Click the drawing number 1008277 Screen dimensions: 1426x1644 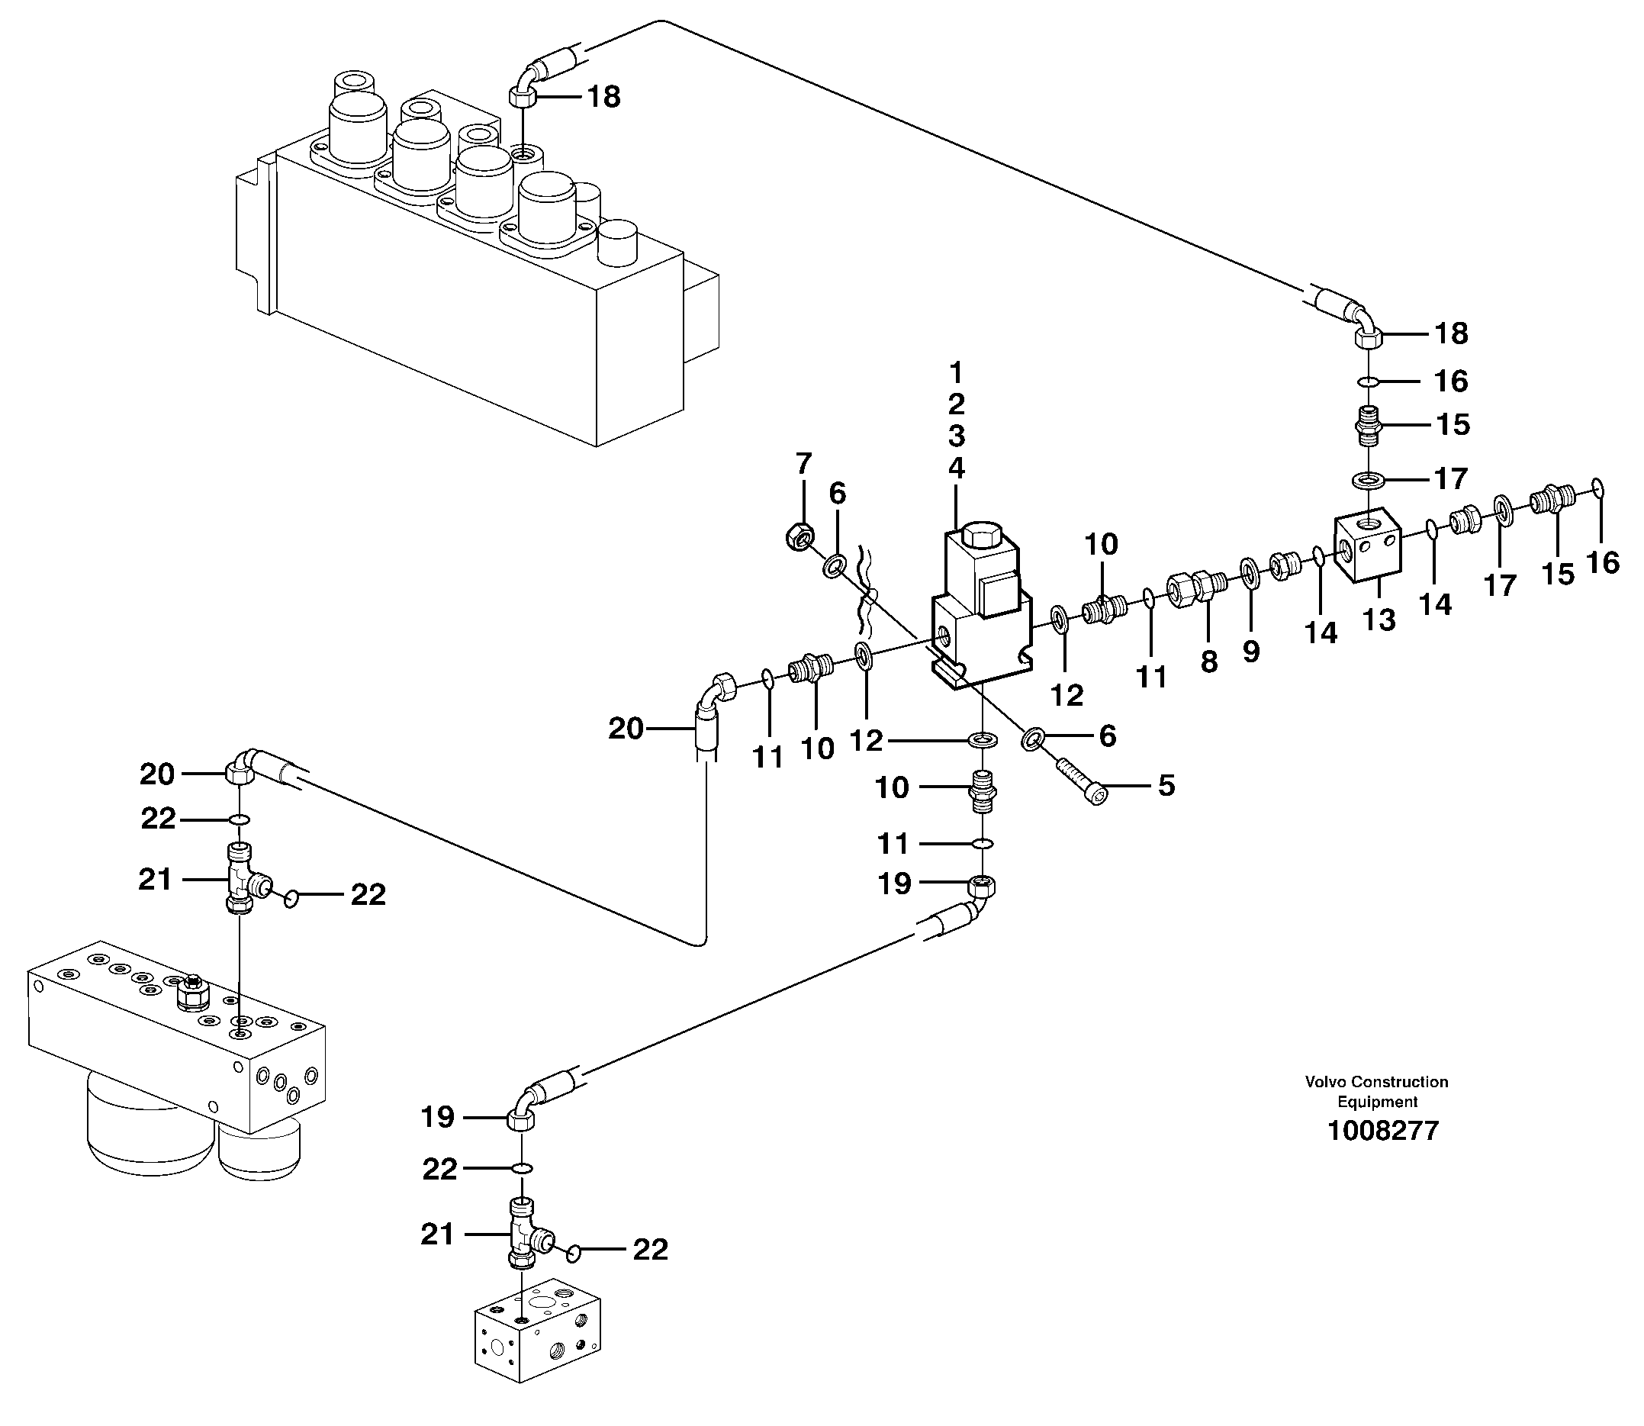1382,1131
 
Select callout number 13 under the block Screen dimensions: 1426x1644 1379,620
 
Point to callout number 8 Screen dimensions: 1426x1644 1208,661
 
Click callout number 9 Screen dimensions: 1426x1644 1251,652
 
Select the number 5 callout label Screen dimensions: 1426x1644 1166,786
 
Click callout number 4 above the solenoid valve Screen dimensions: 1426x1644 957,468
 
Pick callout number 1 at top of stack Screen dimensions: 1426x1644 957,372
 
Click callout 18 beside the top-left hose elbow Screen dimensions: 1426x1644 603,97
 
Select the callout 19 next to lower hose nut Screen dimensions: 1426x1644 893,884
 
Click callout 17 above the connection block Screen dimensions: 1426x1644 1451,478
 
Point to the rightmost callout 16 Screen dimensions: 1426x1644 1603,562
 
